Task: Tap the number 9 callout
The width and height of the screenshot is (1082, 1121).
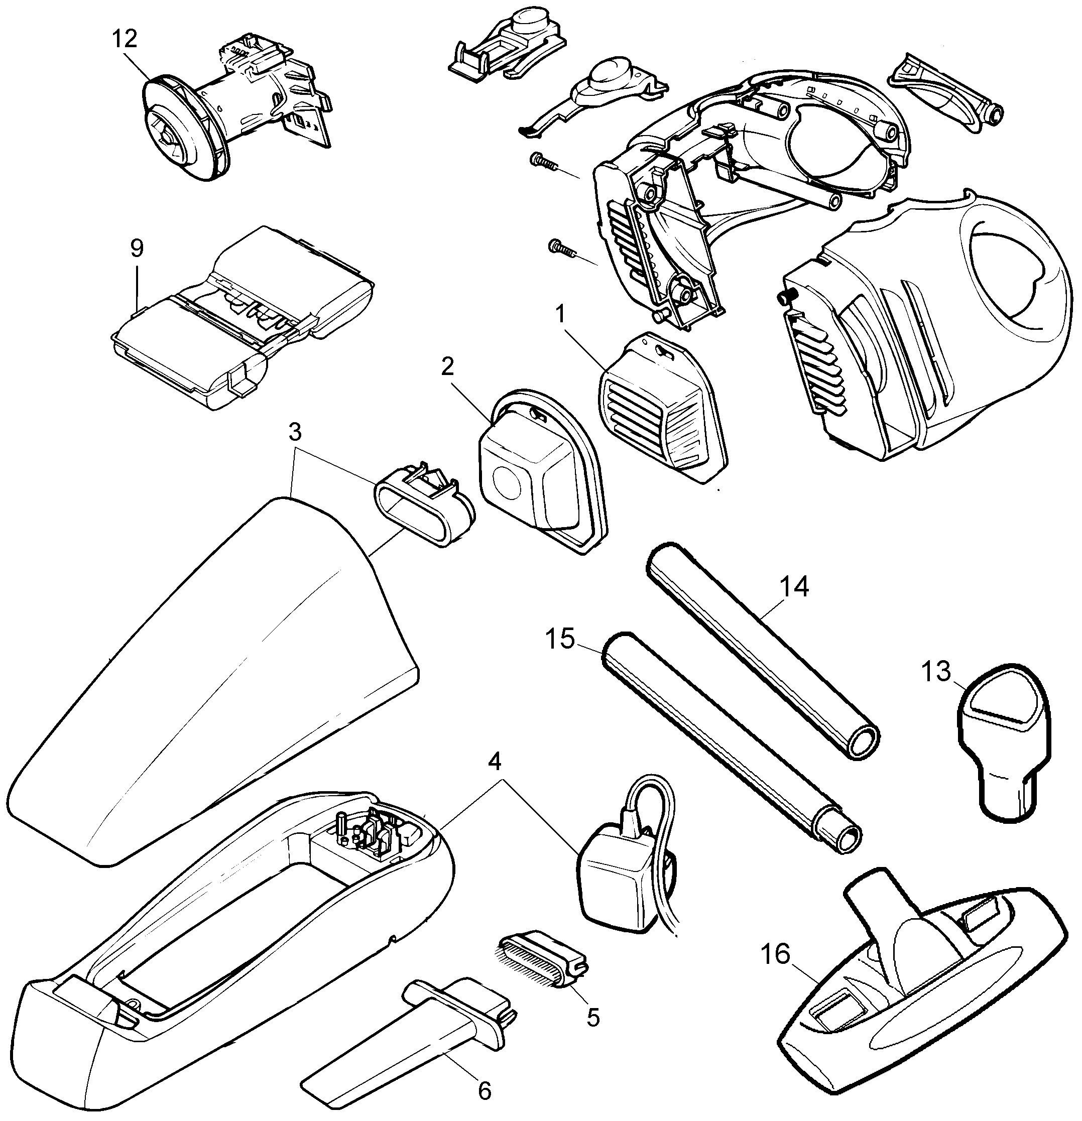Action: point(137,248)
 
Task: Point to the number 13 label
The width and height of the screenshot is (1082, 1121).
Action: point(935,672)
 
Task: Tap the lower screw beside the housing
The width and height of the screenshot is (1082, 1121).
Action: point(562,247)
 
